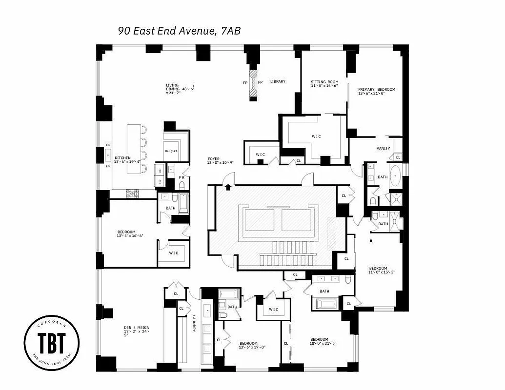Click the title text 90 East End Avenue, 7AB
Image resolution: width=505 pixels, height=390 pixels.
click(x=179, y=31)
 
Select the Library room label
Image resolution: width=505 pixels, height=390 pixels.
click(x=278, y=81)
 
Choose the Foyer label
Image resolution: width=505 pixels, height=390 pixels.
click(x=213, y=159)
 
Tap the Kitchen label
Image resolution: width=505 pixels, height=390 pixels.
click(x=122, y=158)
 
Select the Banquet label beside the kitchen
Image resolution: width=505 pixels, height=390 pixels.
click(x=171, y=151)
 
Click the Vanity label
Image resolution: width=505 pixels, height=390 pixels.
click(x=383, y=148)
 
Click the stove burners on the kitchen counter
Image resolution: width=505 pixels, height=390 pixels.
click(x=132, y=194)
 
